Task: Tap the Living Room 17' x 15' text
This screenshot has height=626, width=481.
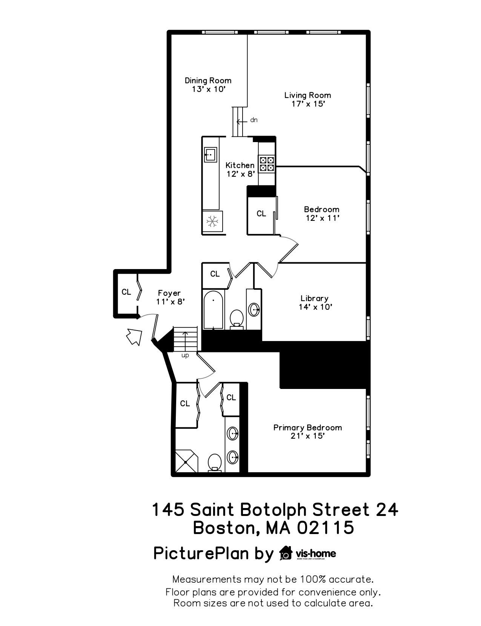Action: point(308,99)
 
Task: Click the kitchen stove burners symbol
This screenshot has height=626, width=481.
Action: point(267,164)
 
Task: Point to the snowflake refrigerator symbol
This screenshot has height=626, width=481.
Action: point(212,221)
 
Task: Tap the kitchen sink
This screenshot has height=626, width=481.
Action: point(210,155)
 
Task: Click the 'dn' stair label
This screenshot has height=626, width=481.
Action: point(254,120)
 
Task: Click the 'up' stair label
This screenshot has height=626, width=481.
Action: point(185,355)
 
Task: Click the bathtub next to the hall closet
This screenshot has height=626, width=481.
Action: point(214,309)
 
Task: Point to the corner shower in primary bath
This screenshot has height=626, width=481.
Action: point(187,462)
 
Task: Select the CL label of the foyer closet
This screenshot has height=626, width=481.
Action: point(126,292)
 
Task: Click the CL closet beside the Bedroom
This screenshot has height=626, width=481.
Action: point(261,213)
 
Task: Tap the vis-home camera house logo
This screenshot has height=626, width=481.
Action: point(286,553)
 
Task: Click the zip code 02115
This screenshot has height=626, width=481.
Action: point(325,528)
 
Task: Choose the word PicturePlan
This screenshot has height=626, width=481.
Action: point(201,553)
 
